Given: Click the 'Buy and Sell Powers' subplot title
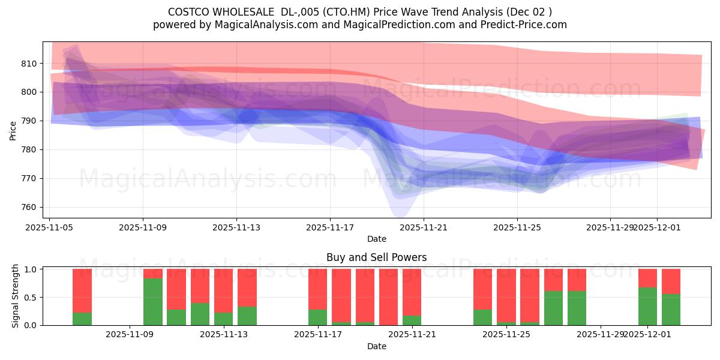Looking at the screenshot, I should click(x=376, y=257).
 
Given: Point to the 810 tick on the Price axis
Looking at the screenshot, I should click(x=29, y=64).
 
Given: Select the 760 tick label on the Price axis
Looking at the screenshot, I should click(x=29, y=208).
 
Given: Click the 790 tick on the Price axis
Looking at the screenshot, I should click(x=29, y=121).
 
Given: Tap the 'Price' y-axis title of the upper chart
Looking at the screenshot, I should click(x=13, y=130).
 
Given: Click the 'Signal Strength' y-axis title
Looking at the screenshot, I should click(x=16, y=296).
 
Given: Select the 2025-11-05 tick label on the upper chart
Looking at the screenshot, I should click(x=49, y=227).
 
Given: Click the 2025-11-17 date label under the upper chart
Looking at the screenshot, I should click(x=329, y=227).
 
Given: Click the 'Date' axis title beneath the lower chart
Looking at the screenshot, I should click(x=376, y=346).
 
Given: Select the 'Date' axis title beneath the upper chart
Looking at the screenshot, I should click(x=376, y=239).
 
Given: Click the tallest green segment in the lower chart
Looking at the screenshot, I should click(x=153, y=302).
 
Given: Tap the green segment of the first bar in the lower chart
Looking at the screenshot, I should click(x=82, y=319).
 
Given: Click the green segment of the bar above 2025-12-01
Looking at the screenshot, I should click(x=647, y=306).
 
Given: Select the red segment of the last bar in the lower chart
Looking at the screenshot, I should click(x=671, y=281).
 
